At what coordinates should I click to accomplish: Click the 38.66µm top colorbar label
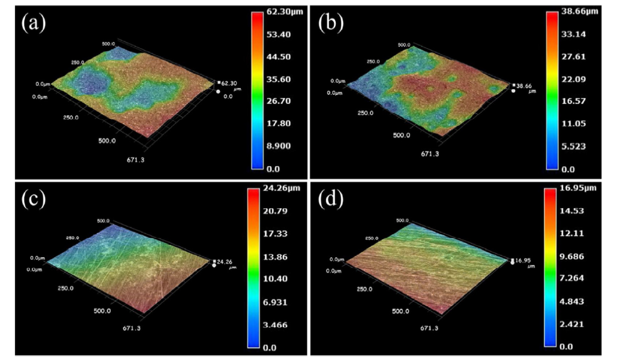point(582,12)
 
